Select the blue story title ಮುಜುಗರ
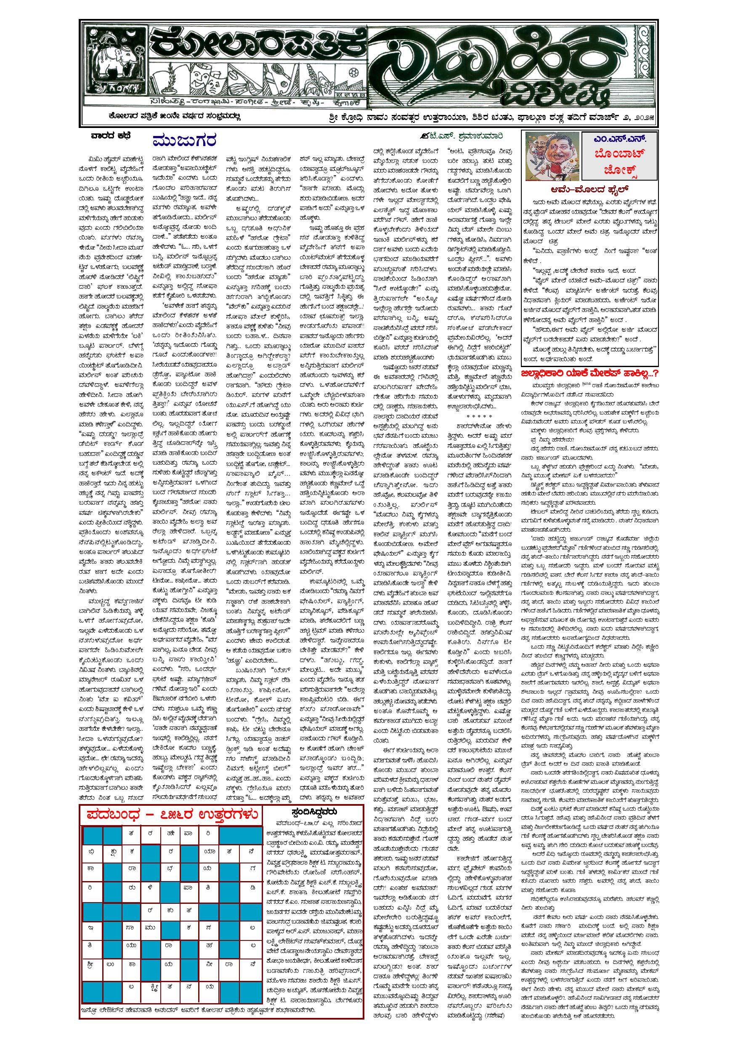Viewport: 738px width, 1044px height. (184, 141)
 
